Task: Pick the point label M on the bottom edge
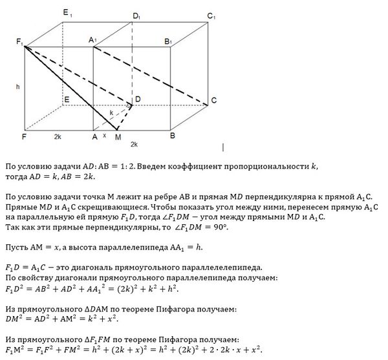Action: click(117, 138)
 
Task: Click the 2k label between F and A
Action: click(58, 138)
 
